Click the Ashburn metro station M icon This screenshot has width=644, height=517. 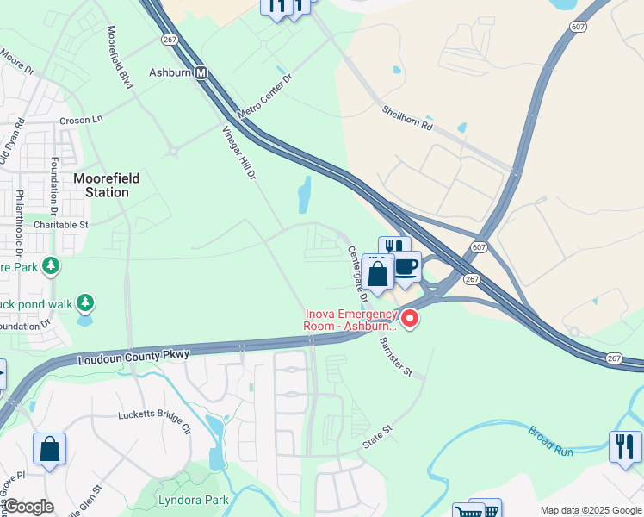tap(201, 73)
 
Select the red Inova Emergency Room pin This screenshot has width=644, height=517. tap(411, 320)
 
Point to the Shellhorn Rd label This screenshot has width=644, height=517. tap(407, 116)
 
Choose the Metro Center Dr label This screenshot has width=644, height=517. tap(265, 96)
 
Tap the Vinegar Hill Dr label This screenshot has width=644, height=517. tap(240, 153)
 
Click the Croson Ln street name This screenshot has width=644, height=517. tap(81, 120)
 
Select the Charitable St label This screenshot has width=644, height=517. tap(61, 224)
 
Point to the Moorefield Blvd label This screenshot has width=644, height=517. tap(119, 58)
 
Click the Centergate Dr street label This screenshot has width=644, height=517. tap(357, 273)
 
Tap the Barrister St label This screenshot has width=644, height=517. tap(396, 356)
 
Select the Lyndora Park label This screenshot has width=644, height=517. tap(193, 500)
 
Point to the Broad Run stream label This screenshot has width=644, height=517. tap(550, 438)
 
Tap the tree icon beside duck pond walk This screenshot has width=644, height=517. tap(85, 303)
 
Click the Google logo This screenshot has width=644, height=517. tap(28, 507)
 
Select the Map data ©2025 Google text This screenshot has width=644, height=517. tap(590, 510)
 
